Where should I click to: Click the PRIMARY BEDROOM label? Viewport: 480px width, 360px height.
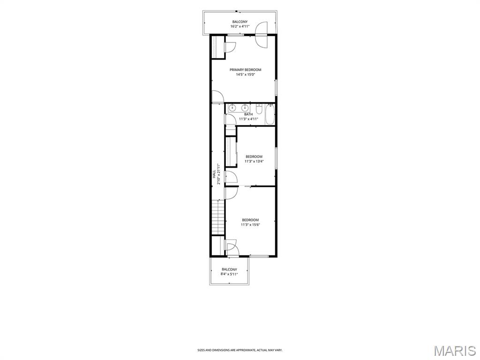coord(246,70)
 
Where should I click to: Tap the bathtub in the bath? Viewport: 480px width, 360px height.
coord(270,114)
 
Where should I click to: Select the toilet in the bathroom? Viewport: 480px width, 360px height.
coord(259,109)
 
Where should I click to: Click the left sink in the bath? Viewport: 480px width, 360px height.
coord(232,108)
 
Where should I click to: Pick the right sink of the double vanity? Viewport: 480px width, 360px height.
coord(244,108)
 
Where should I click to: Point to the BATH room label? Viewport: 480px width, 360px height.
coord(248,114)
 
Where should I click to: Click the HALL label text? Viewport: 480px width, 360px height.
coord(214,174)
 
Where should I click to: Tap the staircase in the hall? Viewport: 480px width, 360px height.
coord(218,217)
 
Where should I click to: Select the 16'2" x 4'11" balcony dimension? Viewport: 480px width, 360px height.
coord(240,26)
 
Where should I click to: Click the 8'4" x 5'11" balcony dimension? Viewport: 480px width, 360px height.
coord(229,274)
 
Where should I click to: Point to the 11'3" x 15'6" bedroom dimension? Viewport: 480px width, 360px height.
coord(250,225)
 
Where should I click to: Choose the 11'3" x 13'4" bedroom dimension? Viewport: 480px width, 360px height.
coord(254,161)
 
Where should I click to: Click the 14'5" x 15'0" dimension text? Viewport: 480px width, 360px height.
coord(246,75)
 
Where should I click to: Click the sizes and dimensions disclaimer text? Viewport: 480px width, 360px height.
coord(240,350)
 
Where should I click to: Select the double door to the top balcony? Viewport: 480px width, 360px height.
coord(262,34)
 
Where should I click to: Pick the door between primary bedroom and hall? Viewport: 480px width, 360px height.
coord(218,97)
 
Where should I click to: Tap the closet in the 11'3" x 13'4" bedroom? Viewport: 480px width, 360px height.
coord(231,152)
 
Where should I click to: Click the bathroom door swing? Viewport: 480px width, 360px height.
coord(231,120)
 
